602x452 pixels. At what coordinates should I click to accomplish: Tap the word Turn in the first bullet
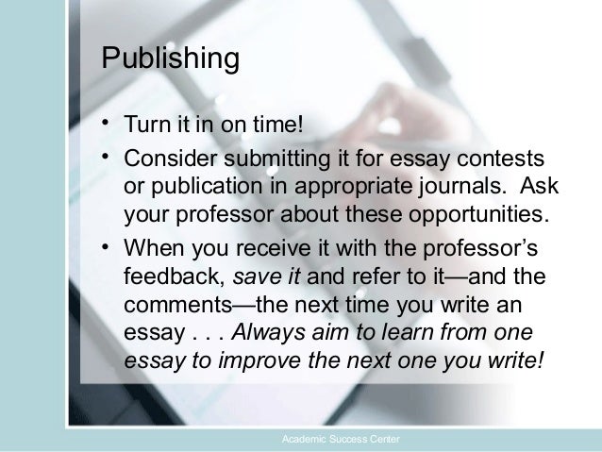click(x=144, y=127)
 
